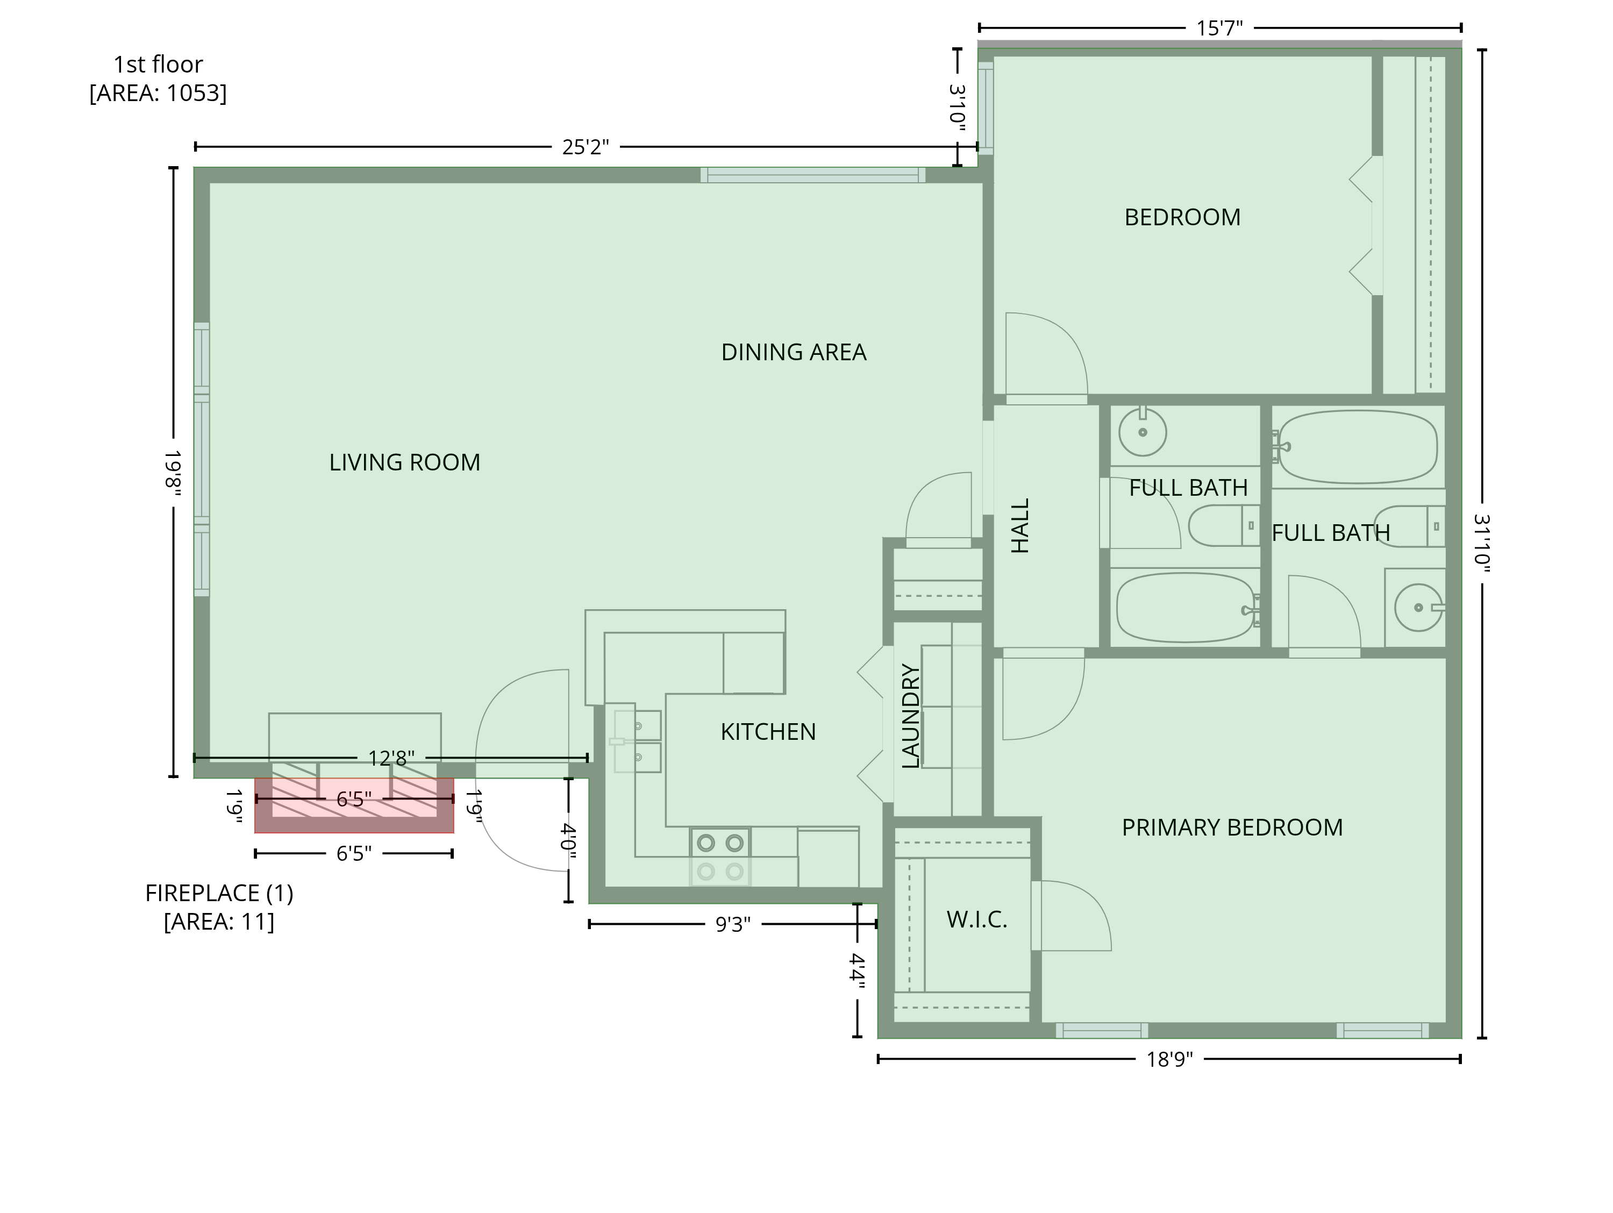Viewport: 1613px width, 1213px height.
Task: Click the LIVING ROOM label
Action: point(405,462)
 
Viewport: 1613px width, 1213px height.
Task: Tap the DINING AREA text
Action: point(794,352)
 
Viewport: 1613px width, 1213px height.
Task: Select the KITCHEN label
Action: point(768,732)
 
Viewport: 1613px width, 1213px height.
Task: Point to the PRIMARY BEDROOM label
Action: point(1232,827)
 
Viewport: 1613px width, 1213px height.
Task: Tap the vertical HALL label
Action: point(1019,526)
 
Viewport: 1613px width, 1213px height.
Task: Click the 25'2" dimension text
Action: point(585,147)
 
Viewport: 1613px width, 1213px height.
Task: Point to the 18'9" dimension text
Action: point(1169,1059)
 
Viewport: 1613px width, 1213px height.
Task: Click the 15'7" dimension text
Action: point(1219,28)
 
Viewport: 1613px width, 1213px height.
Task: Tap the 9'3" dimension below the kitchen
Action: point(732,924)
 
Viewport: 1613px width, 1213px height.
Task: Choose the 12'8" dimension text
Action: point(391,759)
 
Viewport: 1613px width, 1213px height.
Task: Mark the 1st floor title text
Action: point(158,64)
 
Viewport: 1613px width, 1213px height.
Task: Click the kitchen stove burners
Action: point(720,857)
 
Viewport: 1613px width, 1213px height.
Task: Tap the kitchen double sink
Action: point(637,741)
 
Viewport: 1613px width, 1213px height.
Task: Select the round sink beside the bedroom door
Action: point(1143,432)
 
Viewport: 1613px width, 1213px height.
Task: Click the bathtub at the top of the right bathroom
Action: point(1358,446)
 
